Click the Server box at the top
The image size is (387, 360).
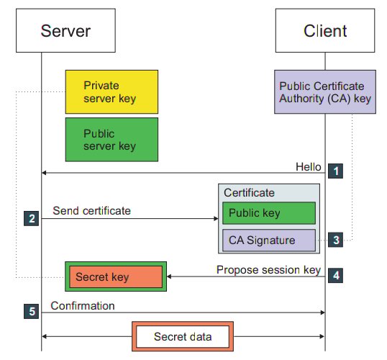pos(66,30)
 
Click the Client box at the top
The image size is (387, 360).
pos(324,30)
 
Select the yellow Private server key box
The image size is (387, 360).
pos(111,91)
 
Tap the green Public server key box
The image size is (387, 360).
pos(111,140)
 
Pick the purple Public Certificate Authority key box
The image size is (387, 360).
pos(324,91)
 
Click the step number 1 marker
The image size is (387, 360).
pos(335,171)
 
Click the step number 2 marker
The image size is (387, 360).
pos(31,218)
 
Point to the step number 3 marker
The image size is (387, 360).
pos(335,240)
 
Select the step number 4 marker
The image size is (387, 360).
pos(335,275)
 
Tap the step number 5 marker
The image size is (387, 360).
pos(31,312)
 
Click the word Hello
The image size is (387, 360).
pos(308,166)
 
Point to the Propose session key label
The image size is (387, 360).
pos(268,269)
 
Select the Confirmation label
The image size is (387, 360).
pos(83,305)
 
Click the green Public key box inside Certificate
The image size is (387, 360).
pos(268,213)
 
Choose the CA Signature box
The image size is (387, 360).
pos(268,240)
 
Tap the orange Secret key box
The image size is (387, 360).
pos(115,276)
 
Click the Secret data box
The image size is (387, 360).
pos(182,336)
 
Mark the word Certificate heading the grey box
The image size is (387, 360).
pos(249,193)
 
